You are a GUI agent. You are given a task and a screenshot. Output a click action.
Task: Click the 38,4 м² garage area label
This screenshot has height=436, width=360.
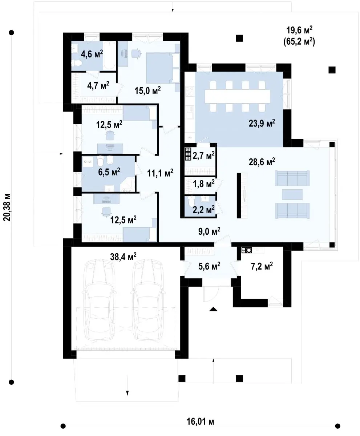(123, 257)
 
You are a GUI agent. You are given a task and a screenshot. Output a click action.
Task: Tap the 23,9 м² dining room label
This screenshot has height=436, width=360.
(262, 123)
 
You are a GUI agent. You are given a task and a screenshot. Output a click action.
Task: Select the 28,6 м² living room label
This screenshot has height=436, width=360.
(262, 162)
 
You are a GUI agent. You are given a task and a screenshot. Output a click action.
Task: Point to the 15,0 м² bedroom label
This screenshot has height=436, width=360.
(147, 90)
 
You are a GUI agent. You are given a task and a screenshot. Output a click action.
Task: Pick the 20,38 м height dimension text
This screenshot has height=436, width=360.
(7, 207)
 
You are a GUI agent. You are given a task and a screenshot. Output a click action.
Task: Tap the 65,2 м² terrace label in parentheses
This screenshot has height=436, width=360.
(299, 42)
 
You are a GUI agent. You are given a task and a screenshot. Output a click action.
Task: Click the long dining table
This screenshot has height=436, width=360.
(237, 96)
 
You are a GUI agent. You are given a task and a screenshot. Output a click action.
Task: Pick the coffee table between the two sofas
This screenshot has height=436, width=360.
(292, 194)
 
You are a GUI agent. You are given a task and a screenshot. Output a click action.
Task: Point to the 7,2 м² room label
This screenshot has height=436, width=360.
(262, 266)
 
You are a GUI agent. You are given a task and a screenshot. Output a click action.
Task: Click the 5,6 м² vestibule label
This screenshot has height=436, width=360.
(209, 266)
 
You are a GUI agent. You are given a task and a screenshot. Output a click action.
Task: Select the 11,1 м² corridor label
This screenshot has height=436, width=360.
(160, 173)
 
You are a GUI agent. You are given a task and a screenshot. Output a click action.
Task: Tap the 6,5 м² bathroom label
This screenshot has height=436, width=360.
(109, 172)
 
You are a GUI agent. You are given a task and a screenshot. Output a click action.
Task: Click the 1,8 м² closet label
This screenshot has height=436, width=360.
(203, 184)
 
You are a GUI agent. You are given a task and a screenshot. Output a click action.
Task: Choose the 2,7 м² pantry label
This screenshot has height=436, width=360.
(203, 156)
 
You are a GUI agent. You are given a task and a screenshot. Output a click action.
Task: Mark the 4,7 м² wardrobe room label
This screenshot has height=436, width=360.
(98, 86)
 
